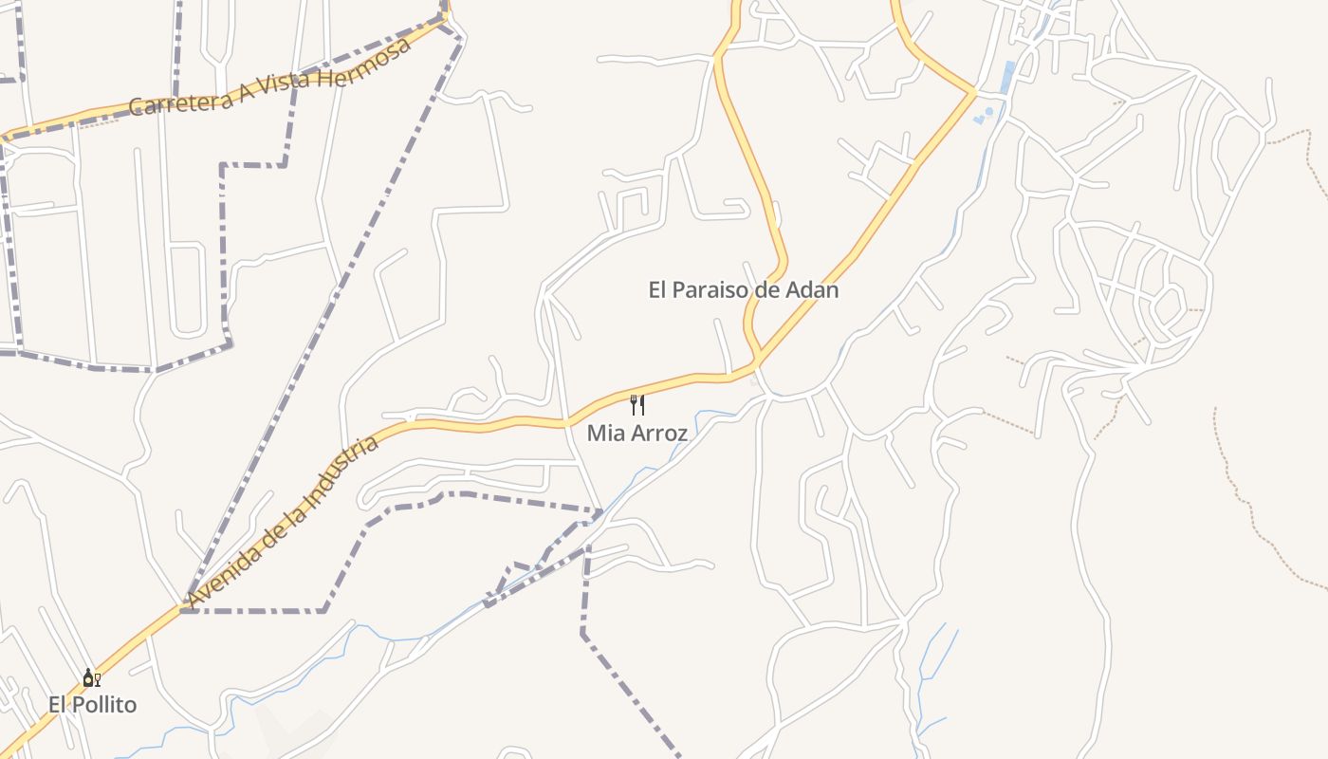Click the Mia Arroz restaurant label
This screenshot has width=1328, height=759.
[x=636, y=433]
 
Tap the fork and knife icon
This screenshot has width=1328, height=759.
[x=637, y=405]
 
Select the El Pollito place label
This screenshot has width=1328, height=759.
[x=92, y=705]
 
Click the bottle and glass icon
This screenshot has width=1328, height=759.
[x=91, y=677]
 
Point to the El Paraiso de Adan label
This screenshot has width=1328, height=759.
[x=744, y=290]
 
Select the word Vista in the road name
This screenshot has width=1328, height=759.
[x=284, y=79]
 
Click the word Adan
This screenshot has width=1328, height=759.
[x=813, y=290]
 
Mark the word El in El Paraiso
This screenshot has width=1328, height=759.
[x=658, y=290]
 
